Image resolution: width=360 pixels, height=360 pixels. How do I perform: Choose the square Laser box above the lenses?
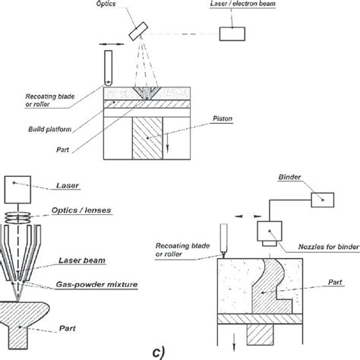click(17, 187)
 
